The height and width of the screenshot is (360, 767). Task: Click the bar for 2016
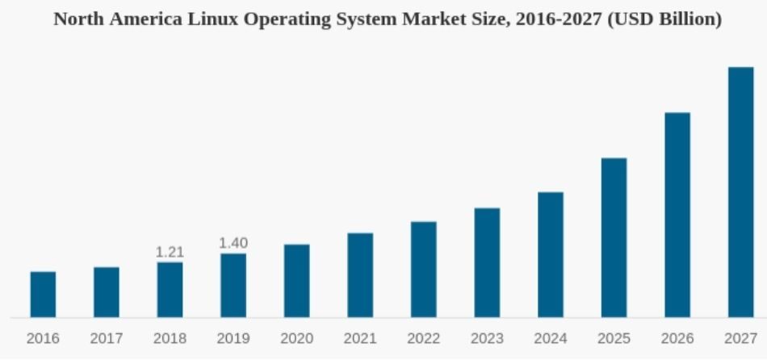43,295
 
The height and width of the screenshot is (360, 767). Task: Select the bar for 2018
170,290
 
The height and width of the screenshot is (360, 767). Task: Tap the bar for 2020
296,281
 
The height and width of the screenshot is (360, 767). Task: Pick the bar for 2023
487,262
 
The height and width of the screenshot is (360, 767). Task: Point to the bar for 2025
614,237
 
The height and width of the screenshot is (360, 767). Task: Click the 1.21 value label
170,253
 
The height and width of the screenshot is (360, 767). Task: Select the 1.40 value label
233,243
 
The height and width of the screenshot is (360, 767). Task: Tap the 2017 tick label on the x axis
107,339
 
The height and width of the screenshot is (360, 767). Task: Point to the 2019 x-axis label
233,339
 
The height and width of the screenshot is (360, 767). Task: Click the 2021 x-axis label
360,339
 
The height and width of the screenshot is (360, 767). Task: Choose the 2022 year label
424,339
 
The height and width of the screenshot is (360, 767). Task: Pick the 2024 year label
551,339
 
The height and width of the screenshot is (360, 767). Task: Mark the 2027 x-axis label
740,339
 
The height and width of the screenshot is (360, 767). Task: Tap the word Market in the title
442,19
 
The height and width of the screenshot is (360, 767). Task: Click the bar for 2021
360,275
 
